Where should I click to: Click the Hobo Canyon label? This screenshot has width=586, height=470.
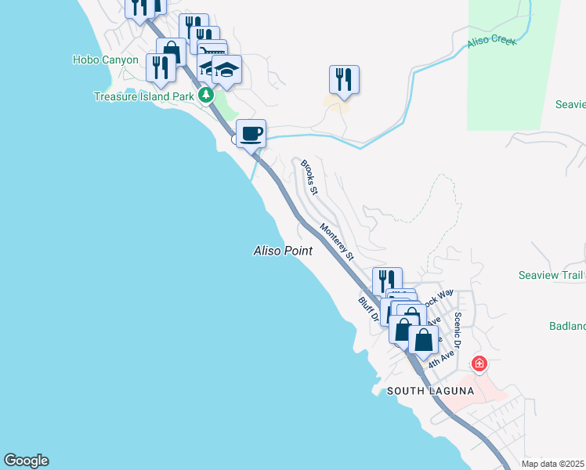pos(106,60)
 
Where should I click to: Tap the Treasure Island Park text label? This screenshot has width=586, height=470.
pos(143,96)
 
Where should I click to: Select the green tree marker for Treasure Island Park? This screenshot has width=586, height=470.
pos(206,96)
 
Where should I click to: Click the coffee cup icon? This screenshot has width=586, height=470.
pos(251,132)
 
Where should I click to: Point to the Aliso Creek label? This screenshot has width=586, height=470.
pos(492,40)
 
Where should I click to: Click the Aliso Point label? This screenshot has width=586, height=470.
pos(283,251)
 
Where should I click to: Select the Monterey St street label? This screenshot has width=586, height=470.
pos(338,241)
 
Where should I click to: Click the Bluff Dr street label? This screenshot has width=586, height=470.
pos(369,310)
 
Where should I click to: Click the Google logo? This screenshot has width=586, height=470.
pos(26,461)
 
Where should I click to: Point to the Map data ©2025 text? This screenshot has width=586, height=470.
pos(553,464)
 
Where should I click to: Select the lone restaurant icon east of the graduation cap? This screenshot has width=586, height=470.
pos(344,78)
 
